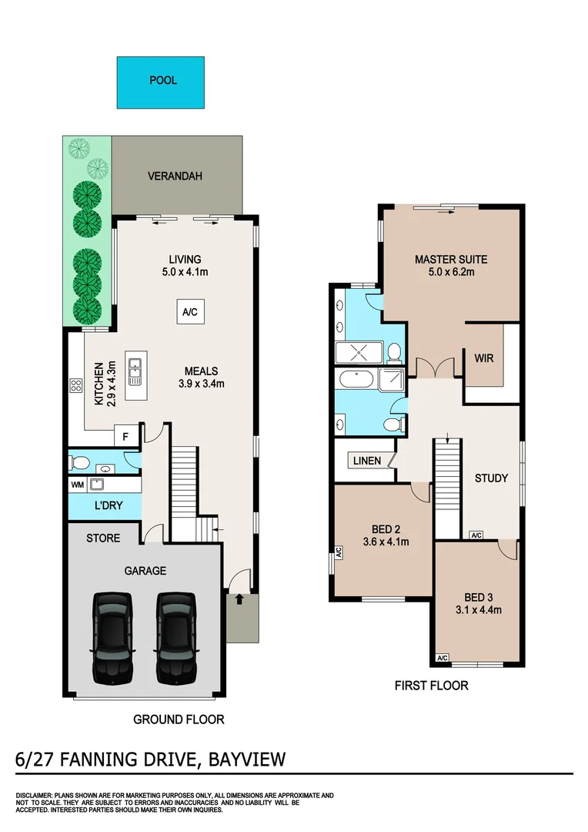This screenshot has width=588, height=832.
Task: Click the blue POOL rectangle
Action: (161, 82)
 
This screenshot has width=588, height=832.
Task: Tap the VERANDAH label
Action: (175, 176)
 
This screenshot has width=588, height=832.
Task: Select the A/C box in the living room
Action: (189, 313)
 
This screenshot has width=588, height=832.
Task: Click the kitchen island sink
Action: (135, 371)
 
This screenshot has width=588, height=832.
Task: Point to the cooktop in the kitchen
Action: (77, 386)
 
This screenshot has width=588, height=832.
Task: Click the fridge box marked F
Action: (125, 435)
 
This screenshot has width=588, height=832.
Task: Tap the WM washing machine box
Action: (77, 485)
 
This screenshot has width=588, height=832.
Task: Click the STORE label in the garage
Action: (103, 538)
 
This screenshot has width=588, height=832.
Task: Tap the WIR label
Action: (484, 358)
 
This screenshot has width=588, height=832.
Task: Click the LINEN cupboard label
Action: (367, 461)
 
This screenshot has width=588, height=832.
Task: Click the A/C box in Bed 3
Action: (442, 658)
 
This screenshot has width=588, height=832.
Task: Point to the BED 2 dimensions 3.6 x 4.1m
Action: (384, 542)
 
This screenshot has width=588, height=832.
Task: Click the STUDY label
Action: (491, 478)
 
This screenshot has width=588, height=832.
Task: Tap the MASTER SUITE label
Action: (451, 259)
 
